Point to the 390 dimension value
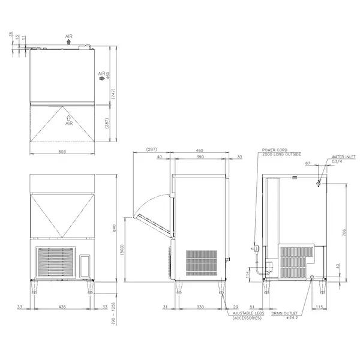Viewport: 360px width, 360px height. tap(200, 157)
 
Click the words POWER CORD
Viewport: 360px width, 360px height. tap(274, 149)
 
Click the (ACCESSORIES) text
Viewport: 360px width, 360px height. tap(246, 319)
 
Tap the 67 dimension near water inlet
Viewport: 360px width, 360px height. tap(308, 163)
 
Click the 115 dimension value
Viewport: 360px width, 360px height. tap(319, 307)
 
